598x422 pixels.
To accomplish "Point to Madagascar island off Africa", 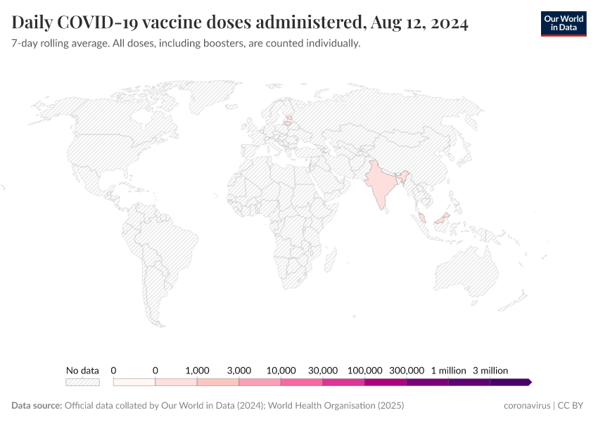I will [x=327, y=261].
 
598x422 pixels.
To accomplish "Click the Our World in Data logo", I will [x=563, y=23].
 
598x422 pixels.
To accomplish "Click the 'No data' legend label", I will [x=82, y=370].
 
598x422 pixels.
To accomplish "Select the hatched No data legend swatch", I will [x=82, y=382].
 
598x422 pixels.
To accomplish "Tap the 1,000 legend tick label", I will [x=197, y=370].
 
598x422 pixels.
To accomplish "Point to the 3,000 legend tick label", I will [x=239, y=370].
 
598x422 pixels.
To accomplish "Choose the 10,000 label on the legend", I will [x=281, y=370].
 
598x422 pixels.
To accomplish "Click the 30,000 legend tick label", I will [x=323, y=370].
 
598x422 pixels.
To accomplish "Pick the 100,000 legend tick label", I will [x=365, y=370].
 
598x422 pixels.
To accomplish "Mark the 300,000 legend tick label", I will [x=407, y=370].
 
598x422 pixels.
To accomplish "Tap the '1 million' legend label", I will [x=449, y=370].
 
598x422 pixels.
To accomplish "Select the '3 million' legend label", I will [x=490, y=370].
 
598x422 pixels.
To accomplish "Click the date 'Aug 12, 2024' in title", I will [x=418, y=23].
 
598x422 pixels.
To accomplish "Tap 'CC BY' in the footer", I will [x=573, y=406].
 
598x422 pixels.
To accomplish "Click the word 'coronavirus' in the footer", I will [x=528, y=406].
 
